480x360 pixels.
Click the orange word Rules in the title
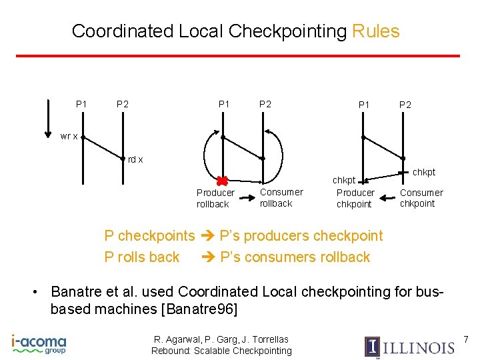click(375, 31)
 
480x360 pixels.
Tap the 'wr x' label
click(69, 137)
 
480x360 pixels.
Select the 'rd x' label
click(135, 159)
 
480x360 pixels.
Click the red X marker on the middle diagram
click(223, 180)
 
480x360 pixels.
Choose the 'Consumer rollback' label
click(281, 197)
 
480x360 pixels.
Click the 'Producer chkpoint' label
click(355, 198)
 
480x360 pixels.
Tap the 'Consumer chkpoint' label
click(421, 198)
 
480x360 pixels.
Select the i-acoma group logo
click(39, 344)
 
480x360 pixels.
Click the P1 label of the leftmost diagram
click(81, 104)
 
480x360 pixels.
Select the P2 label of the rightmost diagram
click(405, 104)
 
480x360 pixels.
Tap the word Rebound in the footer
click(171, 351)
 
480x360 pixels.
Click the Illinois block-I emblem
click(372, 347)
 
